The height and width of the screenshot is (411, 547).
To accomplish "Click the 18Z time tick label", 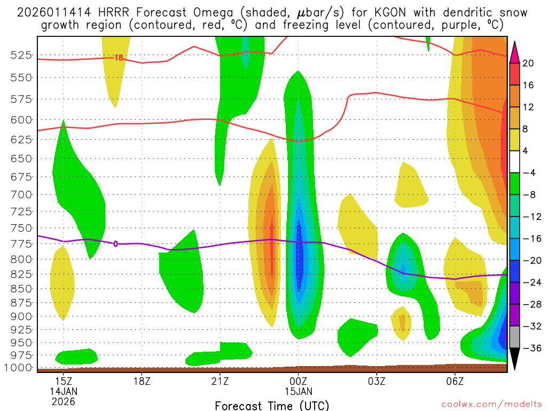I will [142, 382].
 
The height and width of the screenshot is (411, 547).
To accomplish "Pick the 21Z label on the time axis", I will [220, 382].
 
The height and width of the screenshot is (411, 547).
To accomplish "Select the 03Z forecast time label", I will [377, 382].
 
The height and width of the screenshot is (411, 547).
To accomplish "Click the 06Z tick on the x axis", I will [455, 382].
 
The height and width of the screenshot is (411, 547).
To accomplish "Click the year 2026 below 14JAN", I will [64, 401].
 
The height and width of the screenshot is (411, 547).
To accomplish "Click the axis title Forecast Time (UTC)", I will [272, 405].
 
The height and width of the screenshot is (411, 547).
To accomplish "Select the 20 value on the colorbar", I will [528, 63].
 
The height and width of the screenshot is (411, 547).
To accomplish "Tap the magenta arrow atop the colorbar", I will [515, 51].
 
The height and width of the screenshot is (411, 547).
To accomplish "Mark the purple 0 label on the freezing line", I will [116, 244].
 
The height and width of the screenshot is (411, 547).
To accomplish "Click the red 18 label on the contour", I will [119, 58].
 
